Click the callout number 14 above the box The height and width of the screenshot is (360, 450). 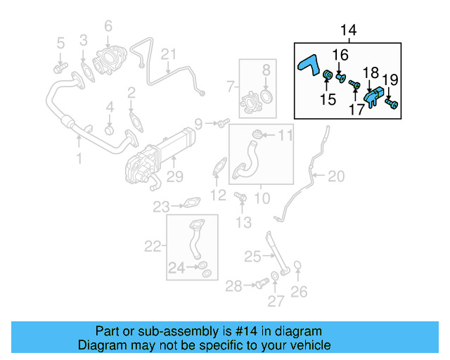tap(348, 30)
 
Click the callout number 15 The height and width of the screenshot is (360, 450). tap(328, 100)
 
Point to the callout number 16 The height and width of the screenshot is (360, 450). tap(340, 55)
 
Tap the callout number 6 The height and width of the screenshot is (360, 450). tap(108, 27)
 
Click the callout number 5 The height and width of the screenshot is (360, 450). tap(60, 42)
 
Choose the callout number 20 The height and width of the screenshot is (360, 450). tap(337, 176)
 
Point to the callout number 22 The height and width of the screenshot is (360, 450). tap(153, 246)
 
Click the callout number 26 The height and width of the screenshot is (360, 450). tap(299, 291)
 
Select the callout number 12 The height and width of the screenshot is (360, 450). tap(219, 195)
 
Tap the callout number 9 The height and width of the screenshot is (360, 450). tap(198, 124)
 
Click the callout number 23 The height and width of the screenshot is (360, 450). tap(162, 207)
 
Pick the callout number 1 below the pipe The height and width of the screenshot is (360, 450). tap(79, 160)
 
